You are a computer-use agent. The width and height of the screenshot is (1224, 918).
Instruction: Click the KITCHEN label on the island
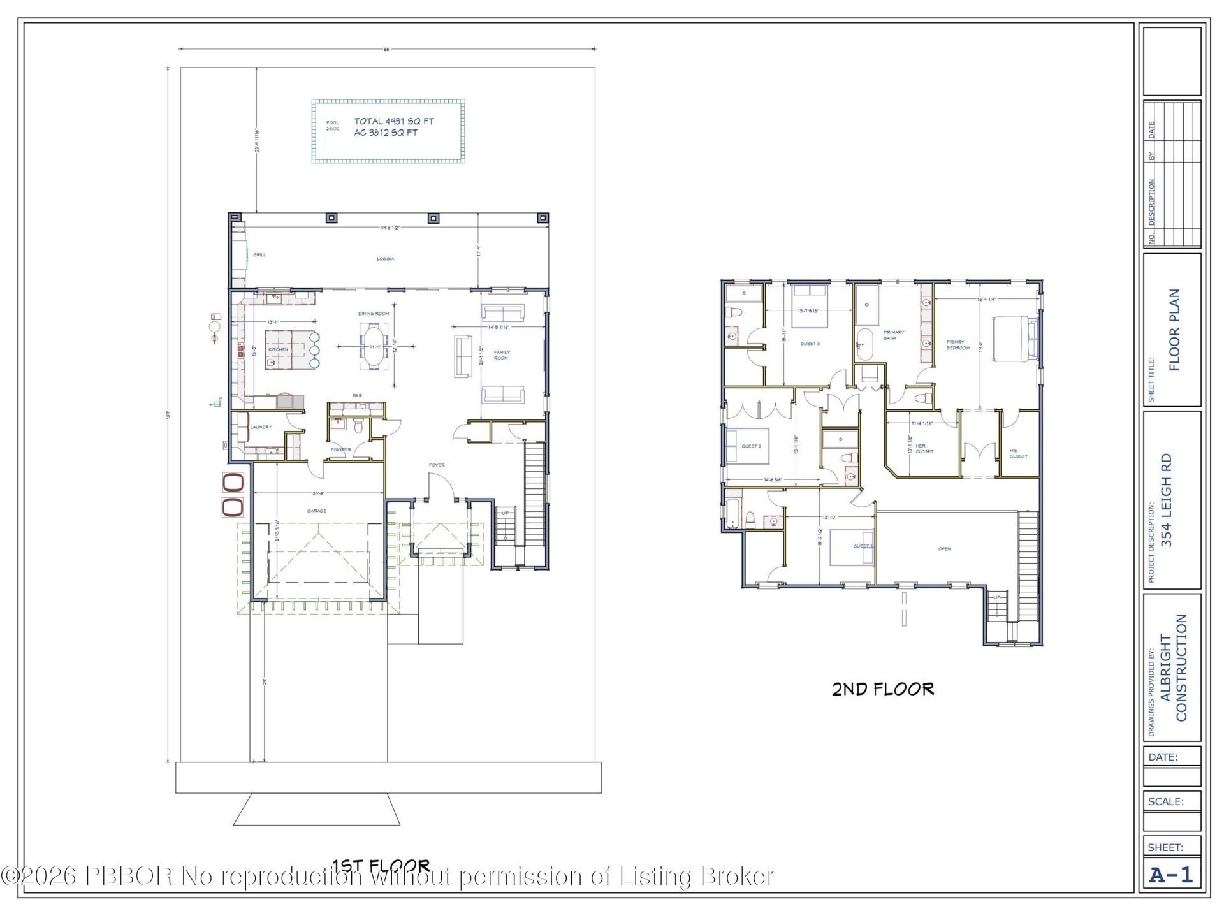[278, 349]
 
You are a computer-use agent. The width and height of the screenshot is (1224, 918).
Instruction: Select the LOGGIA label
[385, 259]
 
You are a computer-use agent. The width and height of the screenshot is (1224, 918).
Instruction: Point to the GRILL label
[259, 255]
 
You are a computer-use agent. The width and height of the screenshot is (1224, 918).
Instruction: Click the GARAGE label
[317, 511]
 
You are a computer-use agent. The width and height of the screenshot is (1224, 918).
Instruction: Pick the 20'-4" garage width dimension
[319, 493]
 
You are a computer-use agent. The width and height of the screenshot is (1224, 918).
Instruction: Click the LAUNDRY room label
[261, 427]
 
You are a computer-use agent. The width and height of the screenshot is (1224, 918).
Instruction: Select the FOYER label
[437, 465]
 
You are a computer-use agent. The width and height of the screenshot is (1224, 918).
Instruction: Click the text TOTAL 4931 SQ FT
[394, 121]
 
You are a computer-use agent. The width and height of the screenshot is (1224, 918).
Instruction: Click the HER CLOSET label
[924, 449]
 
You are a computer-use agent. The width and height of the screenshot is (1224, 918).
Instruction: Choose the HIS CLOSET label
[1018, 453]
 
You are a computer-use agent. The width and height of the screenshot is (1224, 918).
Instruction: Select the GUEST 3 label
[810, 344]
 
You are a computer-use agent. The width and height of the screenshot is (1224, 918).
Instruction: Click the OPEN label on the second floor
[944, 548]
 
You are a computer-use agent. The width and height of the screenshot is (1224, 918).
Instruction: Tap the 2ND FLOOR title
[883, 689]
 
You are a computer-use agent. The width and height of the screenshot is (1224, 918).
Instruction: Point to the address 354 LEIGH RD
[1166, 500]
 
